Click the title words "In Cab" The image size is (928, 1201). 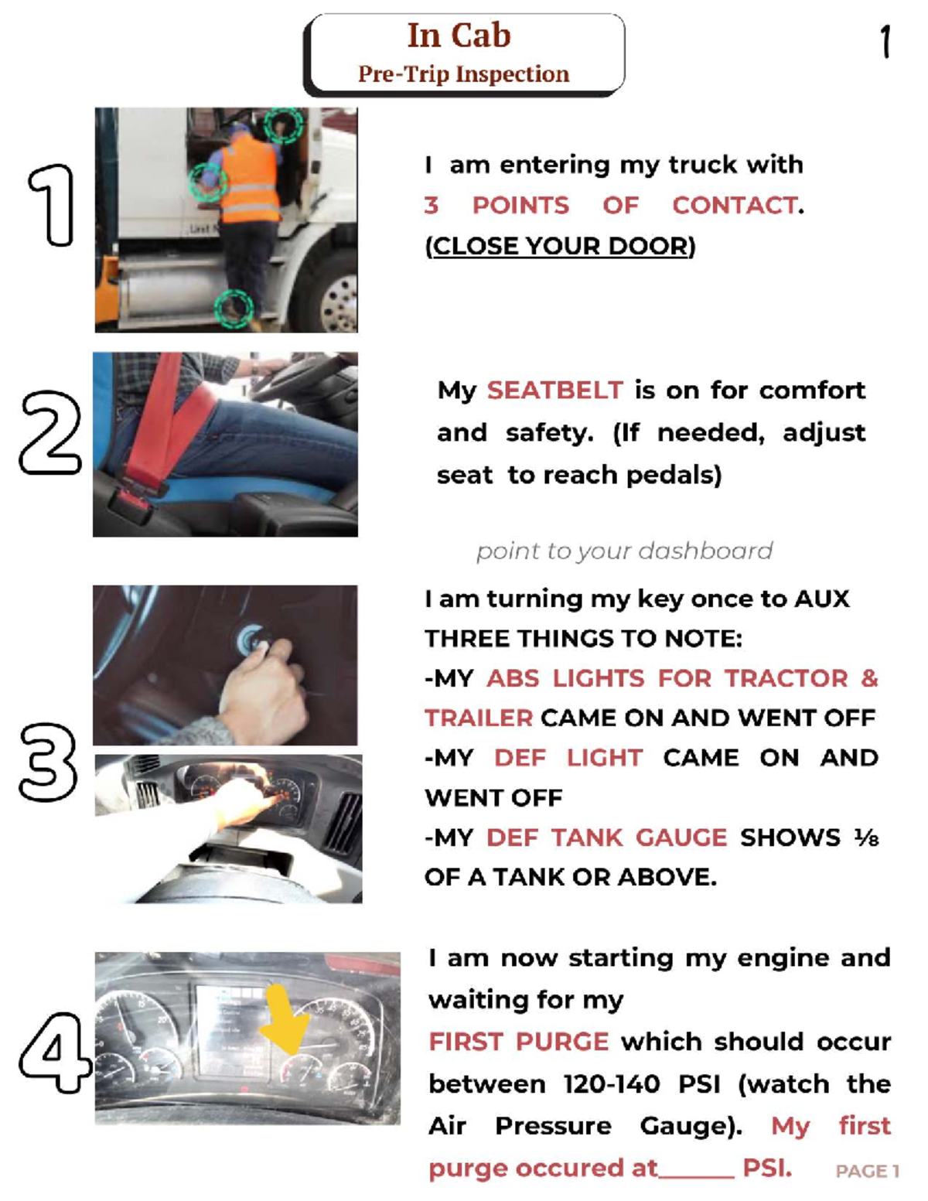tap(459, 36)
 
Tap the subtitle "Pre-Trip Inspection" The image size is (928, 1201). tap(463, 74)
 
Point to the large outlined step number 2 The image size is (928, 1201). tap(50, 432)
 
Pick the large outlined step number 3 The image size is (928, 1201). tap(49, 763)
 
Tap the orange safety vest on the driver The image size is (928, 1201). tap(251, 179)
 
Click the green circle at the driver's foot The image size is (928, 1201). tap(234, 308)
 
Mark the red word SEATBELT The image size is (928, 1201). tap(555, 391)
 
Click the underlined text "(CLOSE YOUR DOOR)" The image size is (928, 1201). tap(561, 246)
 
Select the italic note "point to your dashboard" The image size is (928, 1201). tap(625, 551)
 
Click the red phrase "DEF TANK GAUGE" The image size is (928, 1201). tap(606, 838)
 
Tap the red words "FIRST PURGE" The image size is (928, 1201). tap(519, 1042)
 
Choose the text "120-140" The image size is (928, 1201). tap(612, 1083)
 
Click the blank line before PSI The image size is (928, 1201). tap(697, 1176)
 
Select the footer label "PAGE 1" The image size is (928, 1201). tap(867, 1171)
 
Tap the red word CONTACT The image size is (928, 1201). tap(735, 206)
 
